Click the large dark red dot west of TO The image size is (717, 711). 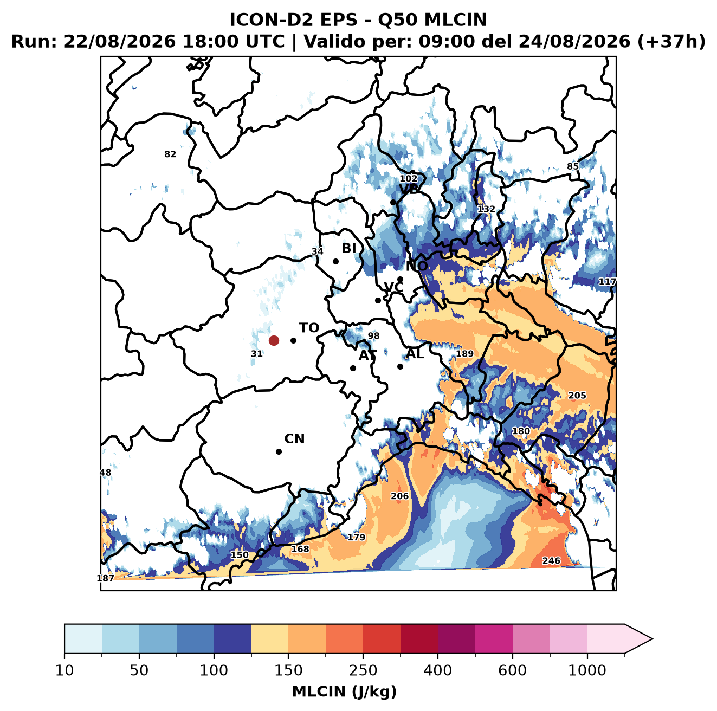click(x=274, y=340)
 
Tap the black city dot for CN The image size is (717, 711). click(x=279, y=451)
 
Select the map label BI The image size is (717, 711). click(x=348, y=248)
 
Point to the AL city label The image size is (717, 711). click(x=415, y=353)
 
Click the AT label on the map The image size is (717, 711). click(x=367, y=355)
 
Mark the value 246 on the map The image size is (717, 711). click(x=551, y=560)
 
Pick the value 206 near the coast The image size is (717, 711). click(x=399, y=496)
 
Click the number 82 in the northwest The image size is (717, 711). click(x=170, y=154)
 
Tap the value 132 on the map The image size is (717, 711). click(x=486, y=209)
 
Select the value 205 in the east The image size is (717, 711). click(x=577, y=396)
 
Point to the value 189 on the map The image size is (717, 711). click(x=465, y=353)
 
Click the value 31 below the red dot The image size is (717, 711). click(x=257, y=353)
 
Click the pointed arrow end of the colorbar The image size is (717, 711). click(x=652, y=639)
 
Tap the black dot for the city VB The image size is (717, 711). click(x=393, y=202)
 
